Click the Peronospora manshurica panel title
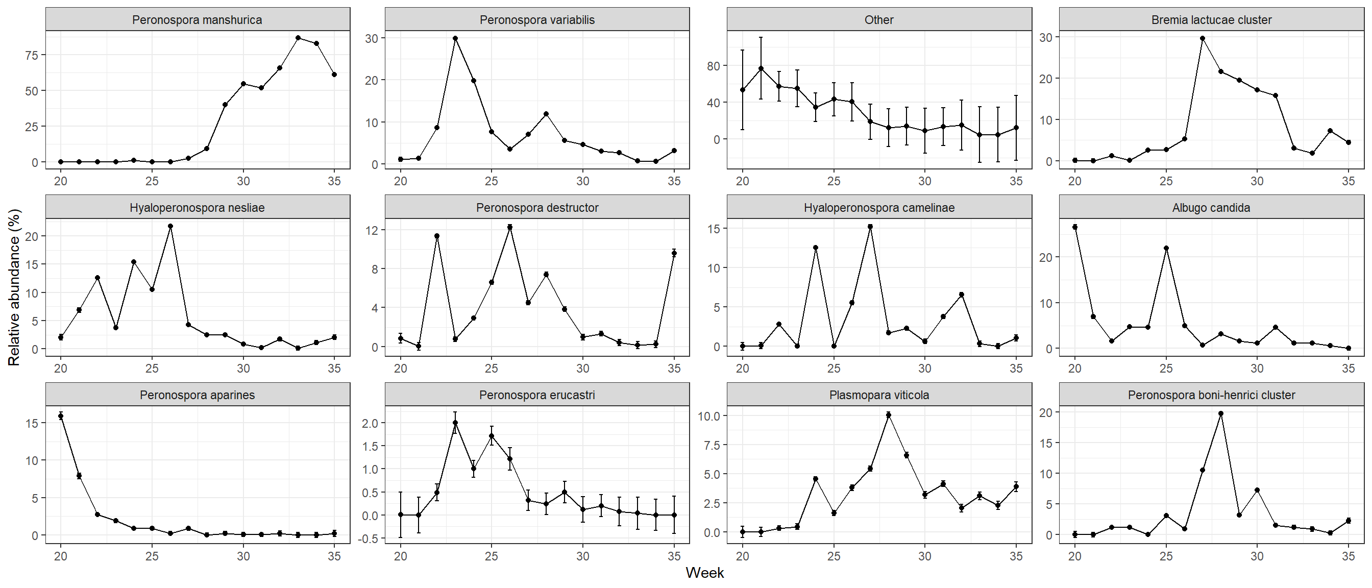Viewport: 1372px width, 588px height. click(197, 20)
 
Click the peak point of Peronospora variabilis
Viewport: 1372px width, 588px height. click(455, 38)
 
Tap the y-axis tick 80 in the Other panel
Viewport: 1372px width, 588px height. click(713, 66)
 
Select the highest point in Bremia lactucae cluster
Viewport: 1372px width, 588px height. click(1203, 38)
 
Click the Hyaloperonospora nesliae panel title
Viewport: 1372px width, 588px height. click(197, 208)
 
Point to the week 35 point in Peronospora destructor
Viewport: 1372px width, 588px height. click(674, 253)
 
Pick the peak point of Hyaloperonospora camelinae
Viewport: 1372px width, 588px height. click(870, 226)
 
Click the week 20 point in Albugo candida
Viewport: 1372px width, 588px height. click(1075, 227)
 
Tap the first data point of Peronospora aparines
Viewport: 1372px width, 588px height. click(61, 416)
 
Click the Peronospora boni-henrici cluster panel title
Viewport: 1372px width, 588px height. click(1211, 395)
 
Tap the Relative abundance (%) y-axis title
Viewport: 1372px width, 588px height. click(14, 287)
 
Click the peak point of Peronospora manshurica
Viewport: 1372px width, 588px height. click(298, 38)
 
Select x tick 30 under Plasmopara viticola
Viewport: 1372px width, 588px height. click(924, 556)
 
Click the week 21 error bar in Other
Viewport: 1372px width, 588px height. click(761, 68)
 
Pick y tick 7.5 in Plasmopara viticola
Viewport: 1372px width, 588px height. click(712, 445)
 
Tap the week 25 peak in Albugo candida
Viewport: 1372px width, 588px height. click(1166, 248)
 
